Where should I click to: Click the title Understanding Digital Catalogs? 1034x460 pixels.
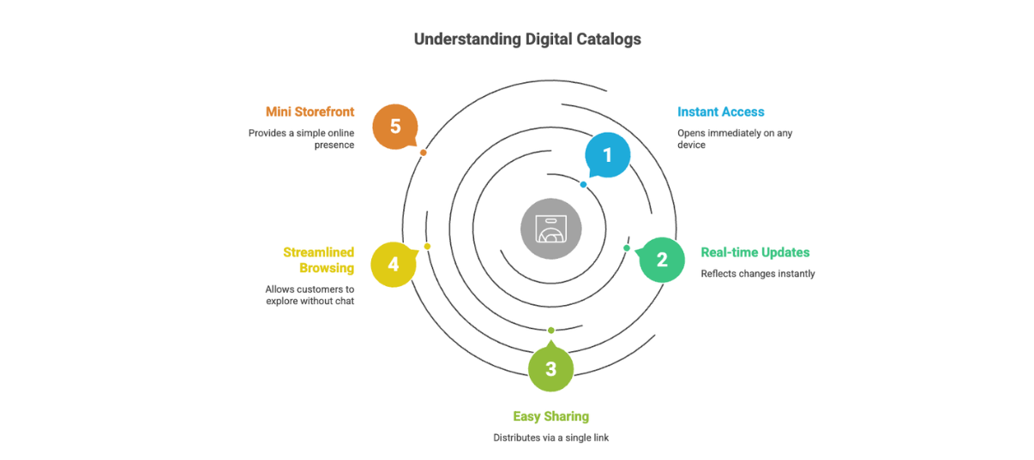tap(526, 39)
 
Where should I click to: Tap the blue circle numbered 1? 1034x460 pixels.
tap(608, 155)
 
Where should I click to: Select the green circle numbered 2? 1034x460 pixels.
tap(662, 260)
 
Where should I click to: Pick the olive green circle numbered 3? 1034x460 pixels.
tap(550, 369)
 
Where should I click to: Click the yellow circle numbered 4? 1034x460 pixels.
tap(394, 264)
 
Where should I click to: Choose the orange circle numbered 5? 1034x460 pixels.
tap(395, 127)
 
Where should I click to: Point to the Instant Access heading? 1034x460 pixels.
tap(720, 112)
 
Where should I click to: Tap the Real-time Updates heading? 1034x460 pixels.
tap(754, 253)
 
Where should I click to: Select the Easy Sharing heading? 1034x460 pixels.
tap(550, 416)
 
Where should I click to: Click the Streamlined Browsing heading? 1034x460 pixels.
tap(318, 260)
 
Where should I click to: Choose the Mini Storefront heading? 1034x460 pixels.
tap(310, 112)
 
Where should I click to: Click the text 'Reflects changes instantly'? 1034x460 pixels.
tap(757, 274)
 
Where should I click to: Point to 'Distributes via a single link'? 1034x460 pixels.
tap(550, 438)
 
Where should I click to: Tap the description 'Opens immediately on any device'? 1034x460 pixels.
tap(734, 139)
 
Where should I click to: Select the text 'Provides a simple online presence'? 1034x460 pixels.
tap(301, 139)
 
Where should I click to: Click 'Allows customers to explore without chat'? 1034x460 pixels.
tap(310, 296)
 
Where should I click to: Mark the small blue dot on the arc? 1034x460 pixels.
tap(583, 184)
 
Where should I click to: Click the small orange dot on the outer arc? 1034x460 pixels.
tap(423, 152)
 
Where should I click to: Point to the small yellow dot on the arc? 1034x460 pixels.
tap(427, 247)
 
